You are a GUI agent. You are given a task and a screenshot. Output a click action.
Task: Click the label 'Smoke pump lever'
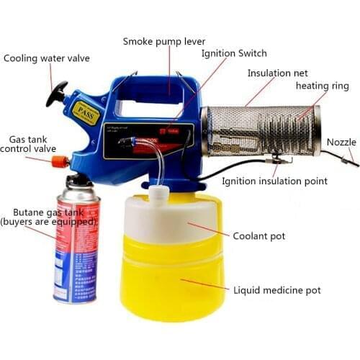tap(163, 41)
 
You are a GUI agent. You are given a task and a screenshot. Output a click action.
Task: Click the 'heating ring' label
tap(322, 86)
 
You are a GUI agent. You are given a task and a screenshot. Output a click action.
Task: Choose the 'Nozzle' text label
tap(341, 142)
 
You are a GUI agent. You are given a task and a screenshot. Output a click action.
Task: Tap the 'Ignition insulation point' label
tap(274, 181)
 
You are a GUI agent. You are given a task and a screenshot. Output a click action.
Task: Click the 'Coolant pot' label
tap(260, 235)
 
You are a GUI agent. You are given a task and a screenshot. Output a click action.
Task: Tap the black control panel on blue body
tap(148, 141)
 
